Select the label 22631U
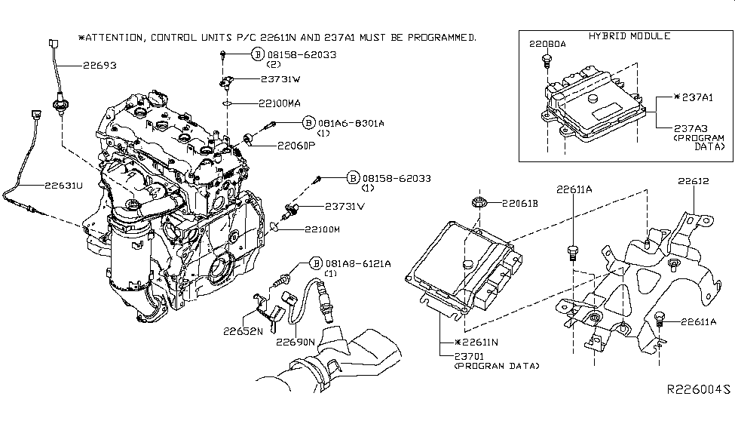tap(44, 183)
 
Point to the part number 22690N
tap(296, 342)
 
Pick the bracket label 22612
tap(694, 181)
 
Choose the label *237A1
tap(695, 98)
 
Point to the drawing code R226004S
tap(698, 390)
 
